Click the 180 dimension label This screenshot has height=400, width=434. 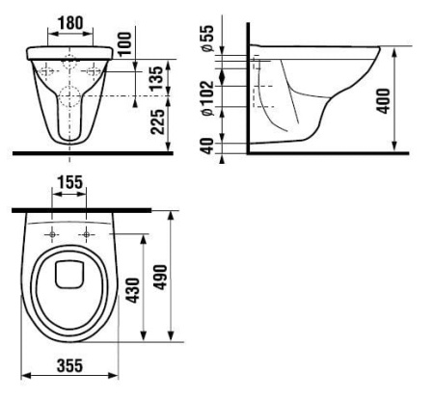(x=70, y=23)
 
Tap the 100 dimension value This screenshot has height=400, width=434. (x=125, y=43)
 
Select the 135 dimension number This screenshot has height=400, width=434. (x=156, y=78)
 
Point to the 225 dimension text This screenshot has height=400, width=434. (x=157, y=121)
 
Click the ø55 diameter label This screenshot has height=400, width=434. (x=207, y=39)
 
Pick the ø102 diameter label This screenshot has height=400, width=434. (x=207, y=98)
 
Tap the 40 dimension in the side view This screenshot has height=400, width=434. (x=207, y=146)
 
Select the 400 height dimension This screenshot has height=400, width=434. (x=384, y=101)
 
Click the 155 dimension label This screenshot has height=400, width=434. (x=70, y=182)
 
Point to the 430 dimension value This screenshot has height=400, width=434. (x=133, y=290)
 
